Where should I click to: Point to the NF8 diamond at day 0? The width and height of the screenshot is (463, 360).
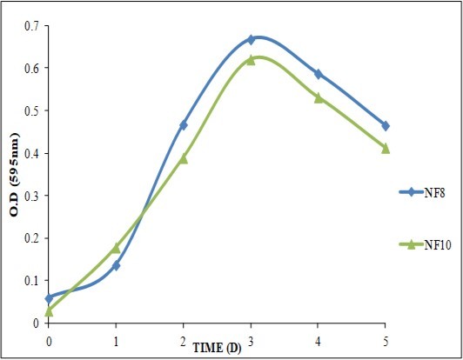49,297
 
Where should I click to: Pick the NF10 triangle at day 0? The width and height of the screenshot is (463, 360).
49,310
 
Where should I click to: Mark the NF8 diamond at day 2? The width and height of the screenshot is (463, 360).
184,125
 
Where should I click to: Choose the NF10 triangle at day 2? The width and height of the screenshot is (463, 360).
184,158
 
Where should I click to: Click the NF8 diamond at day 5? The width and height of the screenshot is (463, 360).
386,125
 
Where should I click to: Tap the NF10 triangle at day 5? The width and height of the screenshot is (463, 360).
386,148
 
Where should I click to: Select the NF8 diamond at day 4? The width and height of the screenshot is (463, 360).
319,74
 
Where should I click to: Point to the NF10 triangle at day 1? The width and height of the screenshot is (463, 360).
116,248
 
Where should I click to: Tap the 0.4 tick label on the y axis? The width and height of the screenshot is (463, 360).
33,153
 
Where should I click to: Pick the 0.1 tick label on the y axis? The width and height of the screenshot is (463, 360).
33,280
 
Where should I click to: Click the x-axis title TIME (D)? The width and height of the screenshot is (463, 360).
218,348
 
